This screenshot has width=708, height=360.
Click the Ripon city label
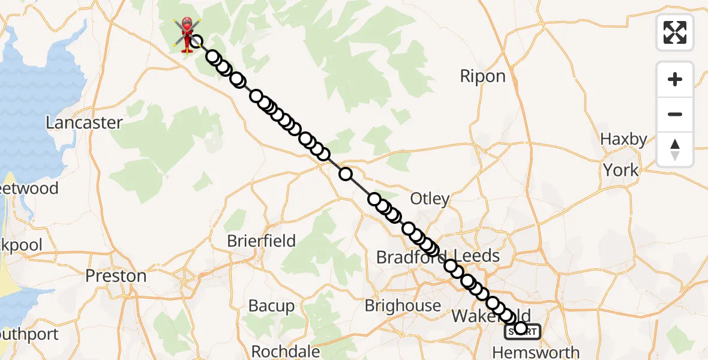coord(482,76)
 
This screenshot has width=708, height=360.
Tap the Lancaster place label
coord(85,122)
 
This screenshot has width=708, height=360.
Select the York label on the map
coord(621,170)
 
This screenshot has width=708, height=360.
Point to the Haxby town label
coord(624,140)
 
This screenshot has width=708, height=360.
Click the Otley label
coord(430,199)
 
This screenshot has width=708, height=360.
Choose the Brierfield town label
coord(261,241)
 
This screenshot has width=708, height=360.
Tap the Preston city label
coord(116,276)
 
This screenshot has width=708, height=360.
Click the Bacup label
coord(271,306)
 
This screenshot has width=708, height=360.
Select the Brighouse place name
coord(403,305)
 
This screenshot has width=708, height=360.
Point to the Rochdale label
coord(281,351)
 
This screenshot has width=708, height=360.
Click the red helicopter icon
coord(187,34)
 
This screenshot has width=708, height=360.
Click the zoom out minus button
coord(675,114)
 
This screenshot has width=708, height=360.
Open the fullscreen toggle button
coord(675,32)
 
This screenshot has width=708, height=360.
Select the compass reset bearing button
coord(675,149)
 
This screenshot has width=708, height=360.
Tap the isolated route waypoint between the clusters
coord(346,174)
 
